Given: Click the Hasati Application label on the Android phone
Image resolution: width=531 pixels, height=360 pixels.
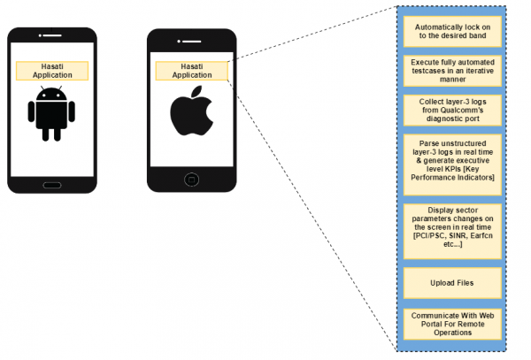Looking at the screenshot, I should coord(52,71).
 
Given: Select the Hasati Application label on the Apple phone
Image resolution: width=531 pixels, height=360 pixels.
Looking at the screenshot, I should coord(191,71).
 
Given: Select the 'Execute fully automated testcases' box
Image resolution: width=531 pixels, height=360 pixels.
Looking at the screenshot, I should coord(452,70).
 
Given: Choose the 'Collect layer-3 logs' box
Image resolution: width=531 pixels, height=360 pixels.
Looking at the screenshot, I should coord(452,110).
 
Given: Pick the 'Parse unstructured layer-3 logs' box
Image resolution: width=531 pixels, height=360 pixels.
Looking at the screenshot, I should coord(452,159).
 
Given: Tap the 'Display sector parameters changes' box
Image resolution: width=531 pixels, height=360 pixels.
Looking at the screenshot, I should coord(452,228).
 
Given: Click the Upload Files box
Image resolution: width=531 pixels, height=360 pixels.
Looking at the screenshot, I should coord(452,283).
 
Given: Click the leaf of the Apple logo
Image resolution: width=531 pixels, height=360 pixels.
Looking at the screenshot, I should coord(196,92).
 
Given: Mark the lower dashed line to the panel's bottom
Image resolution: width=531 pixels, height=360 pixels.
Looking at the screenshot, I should coord(310,212).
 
